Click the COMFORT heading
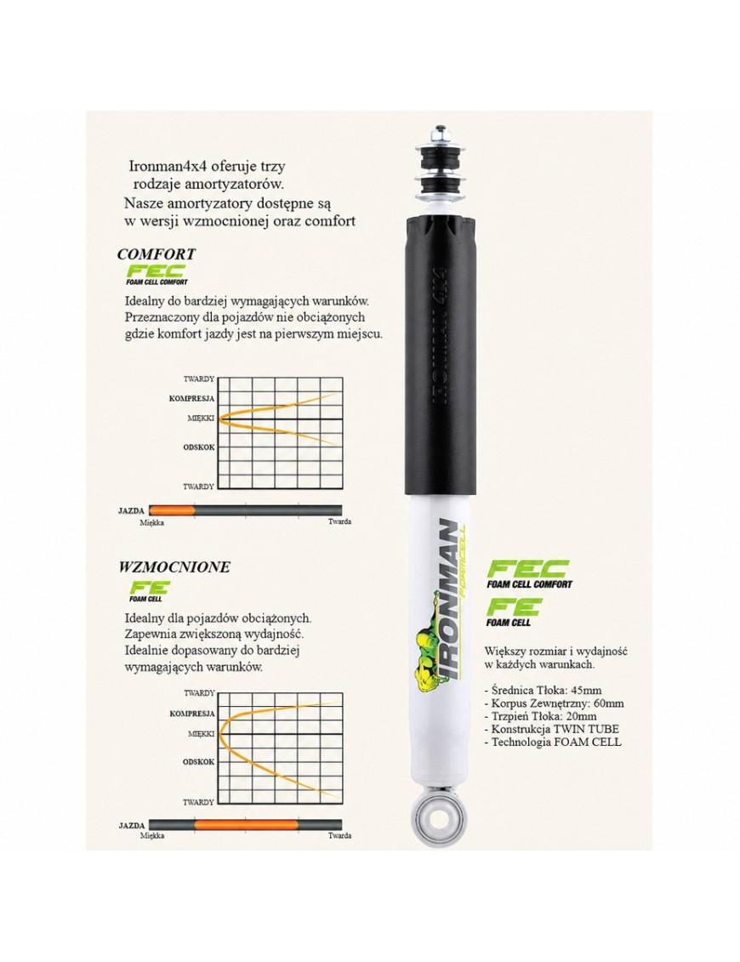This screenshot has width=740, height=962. click(156, 253)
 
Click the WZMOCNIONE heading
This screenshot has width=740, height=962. click(174, 566)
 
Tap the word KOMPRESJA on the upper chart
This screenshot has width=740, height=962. click(191, 398)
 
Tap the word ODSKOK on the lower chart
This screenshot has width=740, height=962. click(199, 761)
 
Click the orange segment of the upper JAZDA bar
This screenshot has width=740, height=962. click(172, 509)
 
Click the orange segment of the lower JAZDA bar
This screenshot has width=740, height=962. click(246, 825)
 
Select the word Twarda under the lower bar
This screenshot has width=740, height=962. click(339, 835)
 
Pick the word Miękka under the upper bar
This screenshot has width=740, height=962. click(151, 522)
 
